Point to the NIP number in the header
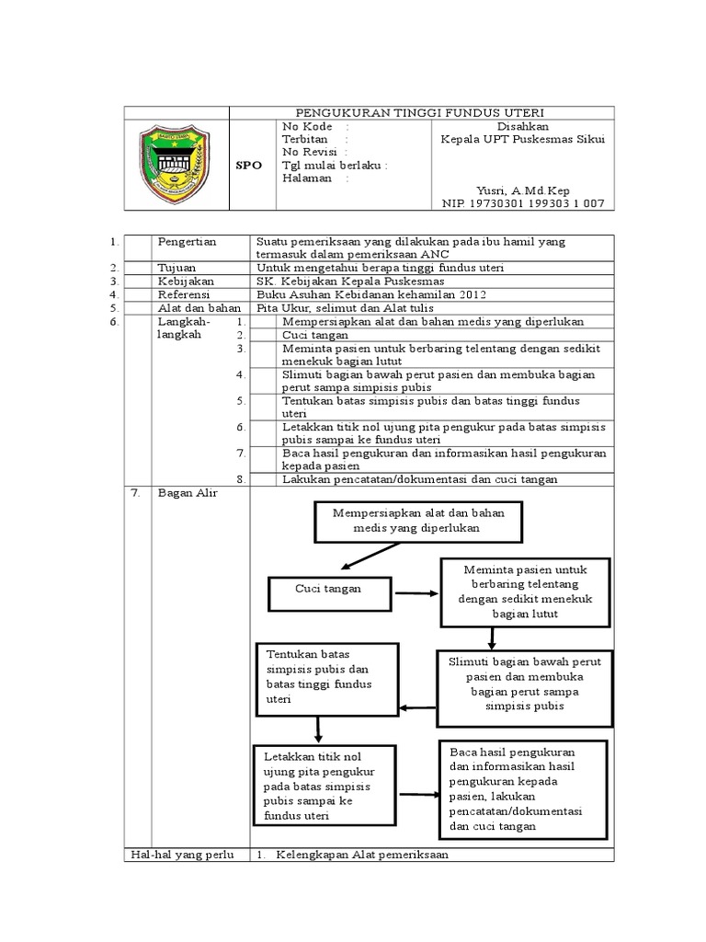tap(523, 203)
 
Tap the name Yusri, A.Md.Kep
tap(523, 190)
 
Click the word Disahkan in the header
tap(523, 126)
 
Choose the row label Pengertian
tap(188, 242)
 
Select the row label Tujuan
tap(178, 267)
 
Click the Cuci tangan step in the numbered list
tap(310, 335)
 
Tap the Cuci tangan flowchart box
tap(328, 589)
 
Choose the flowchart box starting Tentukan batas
tap(327, 678)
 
